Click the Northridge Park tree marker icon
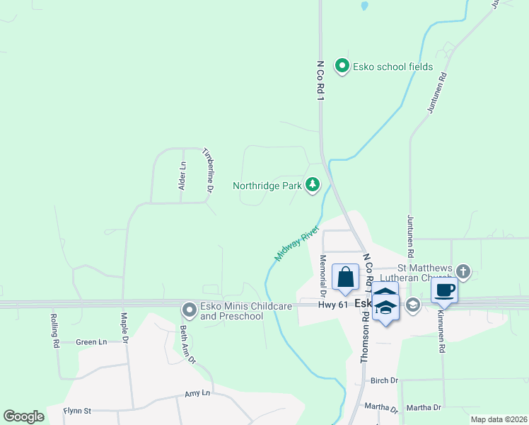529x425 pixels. (313, 186)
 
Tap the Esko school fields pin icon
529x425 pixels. (342, 67)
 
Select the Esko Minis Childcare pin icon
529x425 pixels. (189, 310)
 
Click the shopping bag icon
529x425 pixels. (345, 276)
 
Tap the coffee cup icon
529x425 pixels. (445, 290)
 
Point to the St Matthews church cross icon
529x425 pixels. (463, 271)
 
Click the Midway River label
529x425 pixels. (298, 244)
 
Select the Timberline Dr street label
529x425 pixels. (208, 170)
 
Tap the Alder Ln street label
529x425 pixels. (182, 175)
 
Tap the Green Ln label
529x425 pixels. (91, 342)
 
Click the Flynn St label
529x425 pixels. (78, 410)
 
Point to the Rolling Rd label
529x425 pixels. (54, 331)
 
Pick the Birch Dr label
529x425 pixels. (385, 380)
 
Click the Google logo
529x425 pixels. (23, 416)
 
